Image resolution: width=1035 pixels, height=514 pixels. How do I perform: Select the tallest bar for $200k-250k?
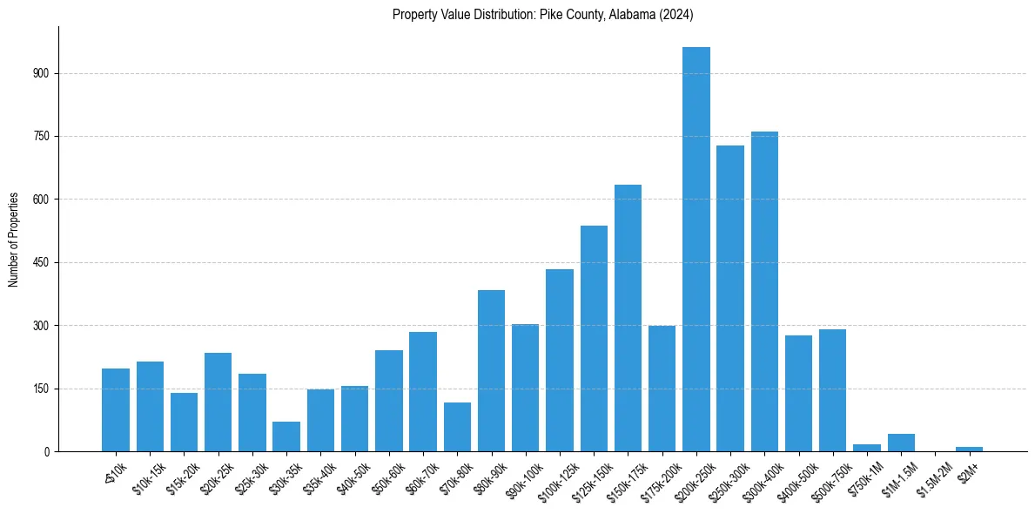(696, 249)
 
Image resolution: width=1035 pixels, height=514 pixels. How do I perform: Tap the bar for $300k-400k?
(764, 292)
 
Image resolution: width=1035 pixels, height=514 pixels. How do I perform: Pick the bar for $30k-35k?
(286, 436)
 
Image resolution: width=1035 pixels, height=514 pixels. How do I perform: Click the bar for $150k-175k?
(628, 318)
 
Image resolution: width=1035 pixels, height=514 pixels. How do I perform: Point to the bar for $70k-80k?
(457, 427)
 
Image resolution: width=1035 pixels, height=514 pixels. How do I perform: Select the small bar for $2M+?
(969, 449)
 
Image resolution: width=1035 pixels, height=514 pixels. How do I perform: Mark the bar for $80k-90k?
(491, 371)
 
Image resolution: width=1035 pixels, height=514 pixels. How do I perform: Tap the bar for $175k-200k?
(662, 389)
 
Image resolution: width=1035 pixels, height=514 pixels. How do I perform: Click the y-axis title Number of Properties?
(14, 239)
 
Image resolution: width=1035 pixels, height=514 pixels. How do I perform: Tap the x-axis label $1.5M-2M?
(931, 477)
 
